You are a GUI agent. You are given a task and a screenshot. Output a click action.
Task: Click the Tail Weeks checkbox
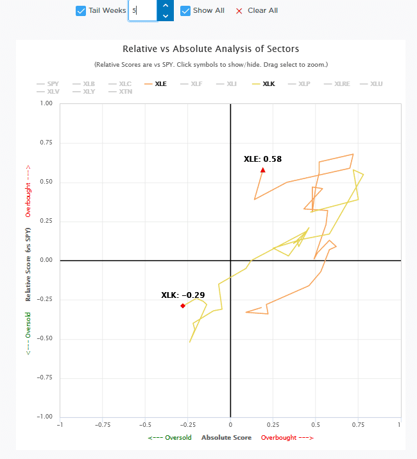[x=81, y=11]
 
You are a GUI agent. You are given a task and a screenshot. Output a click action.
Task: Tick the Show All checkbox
[x=185, y=11]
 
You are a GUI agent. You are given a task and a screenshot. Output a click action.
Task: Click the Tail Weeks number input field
[x=142, y=11]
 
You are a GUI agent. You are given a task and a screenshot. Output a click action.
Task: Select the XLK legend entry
[x=264, y=83]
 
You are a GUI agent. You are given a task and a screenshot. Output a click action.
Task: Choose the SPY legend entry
[x=48, y=83]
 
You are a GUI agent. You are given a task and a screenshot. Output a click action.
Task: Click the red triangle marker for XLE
[x=262, y=170]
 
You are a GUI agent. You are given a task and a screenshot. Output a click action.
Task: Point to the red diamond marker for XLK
[x=183, y=306]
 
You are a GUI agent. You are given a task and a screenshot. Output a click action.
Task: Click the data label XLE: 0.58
[x=262, y=159]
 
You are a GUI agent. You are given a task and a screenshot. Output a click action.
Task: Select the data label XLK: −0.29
[x=183, y=295]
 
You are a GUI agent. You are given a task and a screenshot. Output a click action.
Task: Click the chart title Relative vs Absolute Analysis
[x=210, y=49]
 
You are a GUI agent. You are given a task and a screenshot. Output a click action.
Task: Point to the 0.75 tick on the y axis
[x=46, y=143]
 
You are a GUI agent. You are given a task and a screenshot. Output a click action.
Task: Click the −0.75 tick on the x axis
[x=103, y=424]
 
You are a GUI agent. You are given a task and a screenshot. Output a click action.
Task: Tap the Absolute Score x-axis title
[x=226, y=438]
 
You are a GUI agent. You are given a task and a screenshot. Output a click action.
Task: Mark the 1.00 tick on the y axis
[x=46, y=103]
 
